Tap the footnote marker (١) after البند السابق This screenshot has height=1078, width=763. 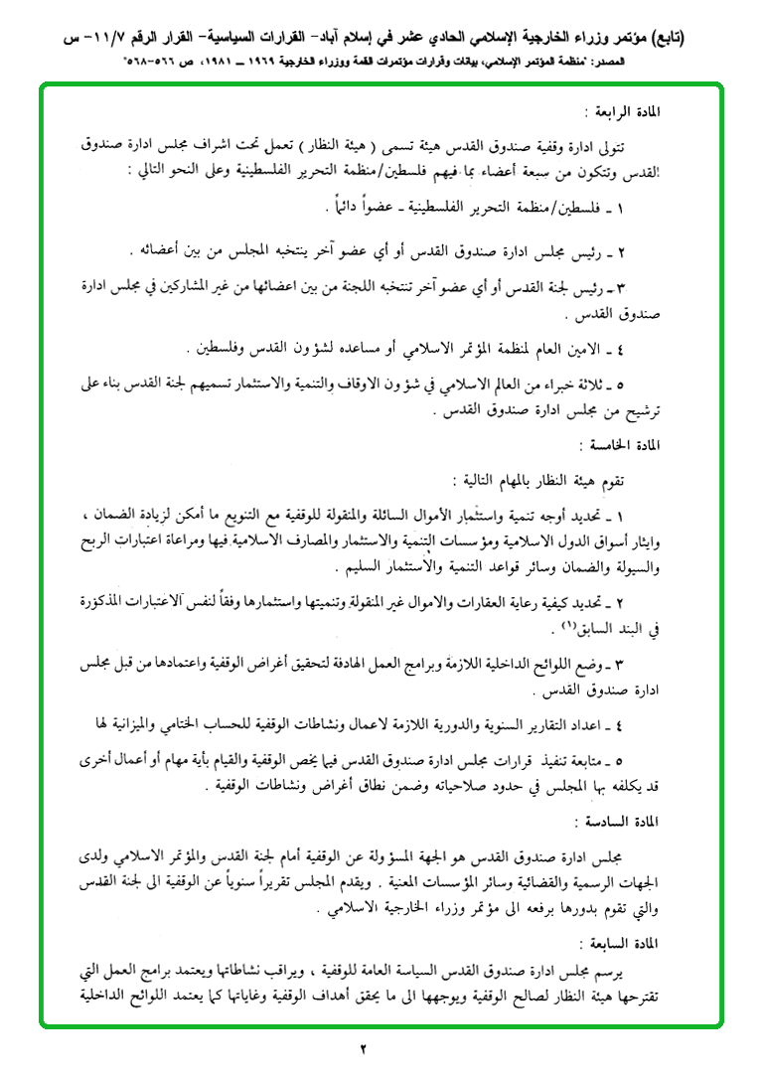click(x=569, y=626)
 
